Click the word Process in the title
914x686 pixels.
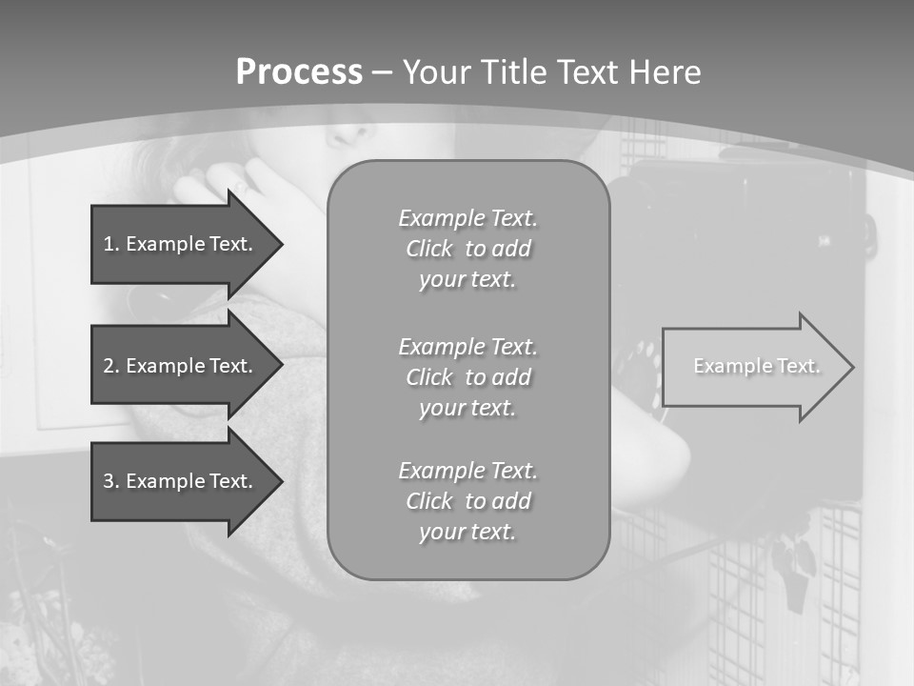tap(299, 72)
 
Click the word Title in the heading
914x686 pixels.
tap(514, 72)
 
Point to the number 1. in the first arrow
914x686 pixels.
tap(111, 244)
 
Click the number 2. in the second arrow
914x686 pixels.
tap(111, 366)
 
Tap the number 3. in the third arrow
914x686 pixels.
tap(111, 481)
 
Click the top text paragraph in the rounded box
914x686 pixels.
tap(467, 249)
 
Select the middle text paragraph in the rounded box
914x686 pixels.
tap(467, 377)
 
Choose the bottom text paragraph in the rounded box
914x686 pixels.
tap(467, 501)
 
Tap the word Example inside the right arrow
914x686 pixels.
tap(726, 366)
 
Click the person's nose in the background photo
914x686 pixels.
tap(348, 133)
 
